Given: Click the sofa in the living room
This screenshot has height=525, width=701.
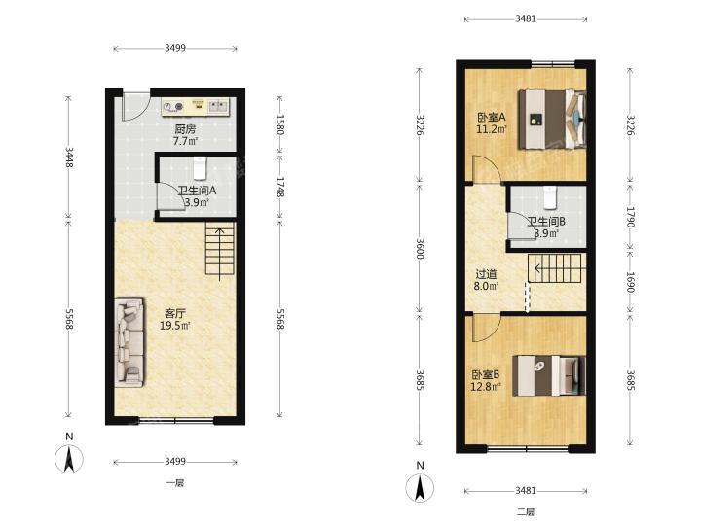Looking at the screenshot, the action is (129, 342).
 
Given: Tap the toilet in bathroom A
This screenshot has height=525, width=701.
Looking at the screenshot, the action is (200, 168).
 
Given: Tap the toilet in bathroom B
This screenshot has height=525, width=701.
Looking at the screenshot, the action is (550, 197).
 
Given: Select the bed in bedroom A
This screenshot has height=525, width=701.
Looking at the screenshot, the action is (552, 120).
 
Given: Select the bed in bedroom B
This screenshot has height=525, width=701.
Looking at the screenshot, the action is (549, 375).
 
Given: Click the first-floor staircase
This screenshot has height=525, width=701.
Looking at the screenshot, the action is (219, 248).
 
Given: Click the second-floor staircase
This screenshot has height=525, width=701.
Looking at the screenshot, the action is (555, 268).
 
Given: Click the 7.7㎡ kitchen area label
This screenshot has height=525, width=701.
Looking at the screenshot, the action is (186, 142).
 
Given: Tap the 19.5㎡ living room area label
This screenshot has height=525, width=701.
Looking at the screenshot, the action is (175, 326).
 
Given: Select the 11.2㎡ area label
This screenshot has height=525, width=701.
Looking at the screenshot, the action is (492, 129).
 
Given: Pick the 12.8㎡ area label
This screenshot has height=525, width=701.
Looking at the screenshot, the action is (486, 386).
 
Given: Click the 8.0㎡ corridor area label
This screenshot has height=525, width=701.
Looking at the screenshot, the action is (486, 286).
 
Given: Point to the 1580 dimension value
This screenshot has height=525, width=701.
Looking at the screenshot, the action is (279, 124).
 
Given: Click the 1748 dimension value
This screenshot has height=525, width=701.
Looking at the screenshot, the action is (279, 187).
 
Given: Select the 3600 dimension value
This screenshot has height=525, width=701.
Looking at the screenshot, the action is (420, 249).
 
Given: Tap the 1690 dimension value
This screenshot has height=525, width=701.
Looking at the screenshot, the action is (630, 282).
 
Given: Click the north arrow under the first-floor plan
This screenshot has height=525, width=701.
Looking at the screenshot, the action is (69, 459).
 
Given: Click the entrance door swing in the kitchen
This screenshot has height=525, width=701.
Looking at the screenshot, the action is (136, 106).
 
